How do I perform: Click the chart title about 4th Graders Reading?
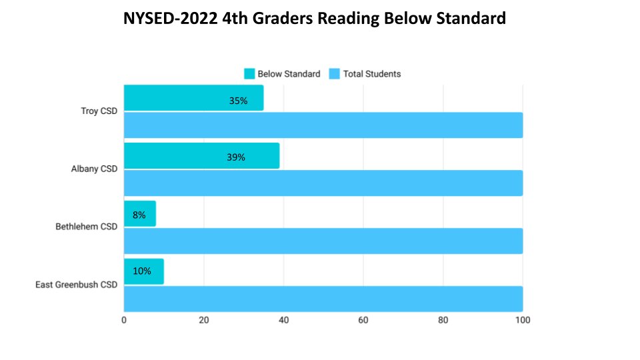[x=315, y=19]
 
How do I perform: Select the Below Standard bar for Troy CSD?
[x=193, y=98]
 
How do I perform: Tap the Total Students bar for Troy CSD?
[x=323, y=125]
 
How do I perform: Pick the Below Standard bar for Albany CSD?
[x=201, y=155]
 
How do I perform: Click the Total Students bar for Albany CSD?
[x=323, y=183]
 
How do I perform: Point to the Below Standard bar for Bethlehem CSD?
[x=140, y=213]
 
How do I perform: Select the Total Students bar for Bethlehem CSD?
[x=323, y=241]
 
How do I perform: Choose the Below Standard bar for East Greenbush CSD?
[x=144, y=271]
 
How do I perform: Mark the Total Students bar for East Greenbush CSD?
[x=323, y=299]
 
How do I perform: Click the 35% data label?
[x=238, y=101]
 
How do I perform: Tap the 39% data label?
[x=236, y=158]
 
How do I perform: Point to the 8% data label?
[x=138, y=215]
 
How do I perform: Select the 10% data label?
[x=142, y=271]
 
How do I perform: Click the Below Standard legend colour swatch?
[x=249, y=74]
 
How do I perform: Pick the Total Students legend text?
[x=372, y=74]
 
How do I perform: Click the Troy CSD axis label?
[x=99, y=111]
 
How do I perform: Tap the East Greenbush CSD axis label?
[x=76, y=285]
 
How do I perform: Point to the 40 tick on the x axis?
[x=283, y=321]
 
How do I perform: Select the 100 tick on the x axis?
[x=523, y=321]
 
